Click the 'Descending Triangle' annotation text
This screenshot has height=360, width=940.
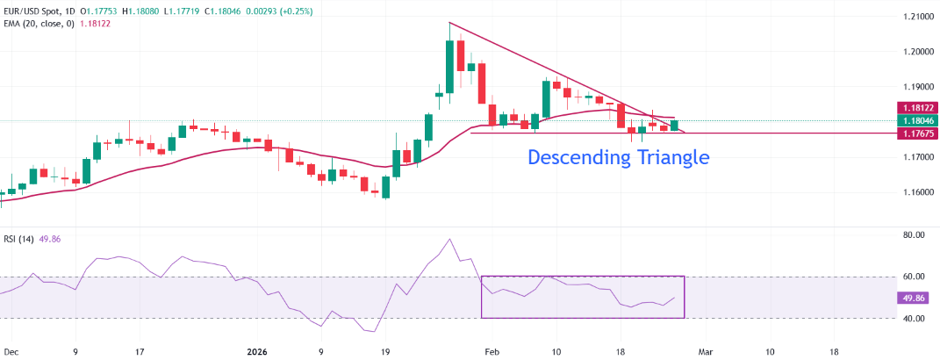click(618, 158)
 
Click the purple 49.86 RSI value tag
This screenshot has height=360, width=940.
click(915, 298)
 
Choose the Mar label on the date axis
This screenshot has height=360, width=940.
click(704, 350)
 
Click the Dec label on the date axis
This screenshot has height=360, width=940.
click(12, 350)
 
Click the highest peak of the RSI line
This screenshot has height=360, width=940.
click(449, 239)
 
